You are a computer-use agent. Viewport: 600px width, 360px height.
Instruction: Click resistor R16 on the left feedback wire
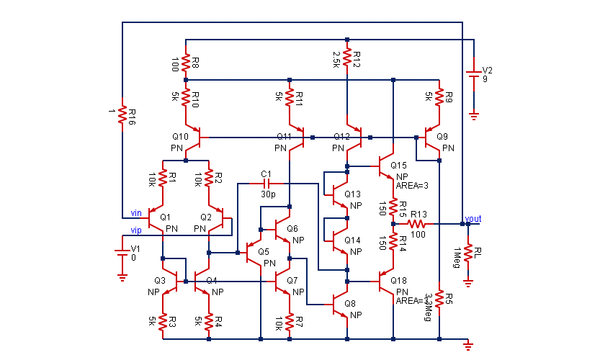tap(122, 116)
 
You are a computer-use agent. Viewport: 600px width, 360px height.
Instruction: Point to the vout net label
tap(474, 217)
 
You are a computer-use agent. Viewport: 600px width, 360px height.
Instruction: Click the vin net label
tap(135, 212)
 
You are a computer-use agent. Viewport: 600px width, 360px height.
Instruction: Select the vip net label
tap(135, 230)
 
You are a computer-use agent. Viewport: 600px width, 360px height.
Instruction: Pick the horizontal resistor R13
tap(418, 223)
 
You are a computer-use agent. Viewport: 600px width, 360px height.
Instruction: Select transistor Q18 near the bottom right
tap(386, 281)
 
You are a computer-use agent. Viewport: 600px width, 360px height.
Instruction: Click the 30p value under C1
tap(268, 194)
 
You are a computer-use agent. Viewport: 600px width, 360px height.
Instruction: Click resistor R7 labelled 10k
tap(289, 321)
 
